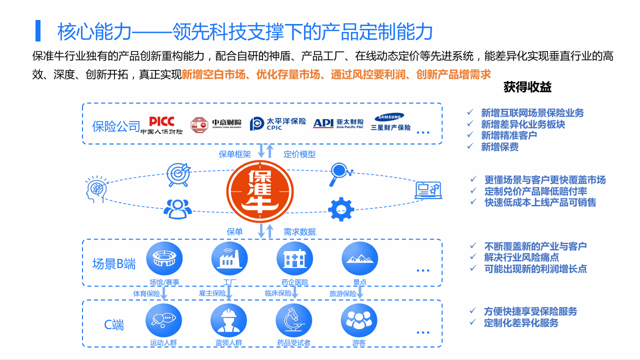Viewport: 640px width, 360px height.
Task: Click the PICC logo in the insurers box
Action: pos(161,125)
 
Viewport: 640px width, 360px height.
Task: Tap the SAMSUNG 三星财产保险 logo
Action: pos(390,122)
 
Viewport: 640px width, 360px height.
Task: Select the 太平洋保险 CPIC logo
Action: pos(278,123)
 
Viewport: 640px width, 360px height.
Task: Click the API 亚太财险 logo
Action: pos(338,123)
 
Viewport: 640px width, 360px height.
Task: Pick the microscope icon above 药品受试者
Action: pos(294,320)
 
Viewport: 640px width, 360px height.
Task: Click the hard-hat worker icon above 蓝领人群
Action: pos(228,320)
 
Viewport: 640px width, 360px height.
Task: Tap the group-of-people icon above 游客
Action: pos(358,320)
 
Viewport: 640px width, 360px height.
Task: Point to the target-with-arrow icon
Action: pos(178,173)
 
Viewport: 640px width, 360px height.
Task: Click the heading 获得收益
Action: pos(527,87)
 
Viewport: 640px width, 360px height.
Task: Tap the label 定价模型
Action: pos(299,154)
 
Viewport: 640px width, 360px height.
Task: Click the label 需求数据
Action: pos(299,231)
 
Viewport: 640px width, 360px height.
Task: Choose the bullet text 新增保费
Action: pos(499,146)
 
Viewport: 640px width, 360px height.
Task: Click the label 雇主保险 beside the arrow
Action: pos(212,293)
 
